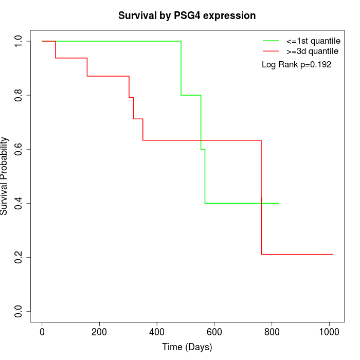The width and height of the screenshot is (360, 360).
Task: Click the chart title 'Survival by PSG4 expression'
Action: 187,15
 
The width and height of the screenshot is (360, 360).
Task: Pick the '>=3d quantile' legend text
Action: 312,51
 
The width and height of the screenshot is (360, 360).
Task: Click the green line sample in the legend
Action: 271,41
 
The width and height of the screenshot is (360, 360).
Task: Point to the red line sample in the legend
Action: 271,51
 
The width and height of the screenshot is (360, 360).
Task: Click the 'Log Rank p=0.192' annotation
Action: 297,65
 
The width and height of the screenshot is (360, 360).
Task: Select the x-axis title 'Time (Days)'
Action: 187,348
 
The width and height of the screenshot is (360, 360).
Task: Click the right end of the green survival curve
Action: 279,203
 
